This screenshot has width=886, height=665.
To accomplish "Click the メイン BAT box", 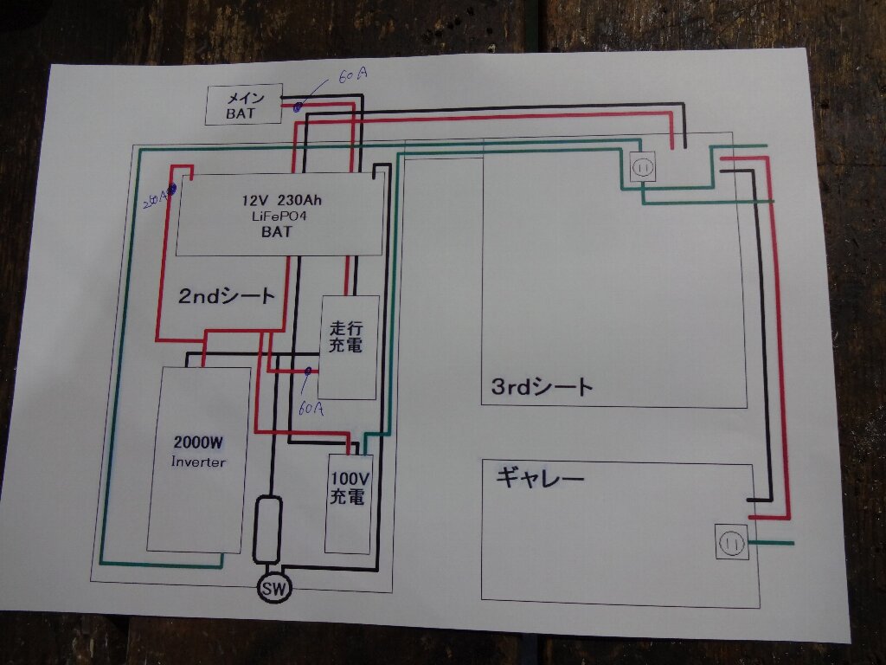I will coord(243,104).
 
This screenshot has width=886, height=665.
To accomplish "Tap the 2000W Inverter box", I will coord(198,459).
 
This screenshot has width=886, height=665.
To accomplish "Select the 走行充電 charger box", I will coord(349,346).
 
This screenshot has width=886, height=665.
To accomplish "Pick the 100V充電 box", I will coord(348,502).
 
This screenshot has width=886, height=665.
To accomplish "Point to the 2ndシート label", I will coord(227,296).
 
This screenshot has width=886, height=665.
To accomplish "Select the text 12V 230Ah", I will coord(283,199).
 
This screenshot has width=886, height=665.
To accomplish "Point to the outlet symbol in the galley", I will coord(731,543).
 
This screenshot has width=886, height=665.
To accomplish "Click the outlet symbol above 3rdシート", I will coord(643,167).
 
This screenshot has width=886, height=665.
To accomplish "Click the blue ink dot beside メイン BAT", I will coord(298,108).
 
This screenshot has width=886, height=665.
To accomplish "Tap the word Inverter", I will coord(198,462).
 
